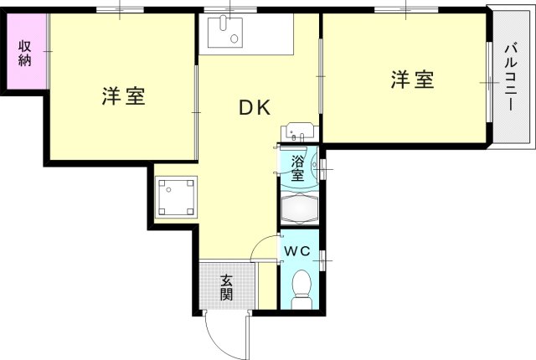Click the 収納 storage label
tap(25, 53)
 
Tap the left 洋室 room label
tap(124, 96)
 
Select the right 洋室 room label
tap(412, 81)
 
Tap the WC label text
tap(296, 251)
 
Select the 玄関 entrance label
tap(226, 288)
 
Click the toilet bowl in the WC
tap(299, 289)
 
